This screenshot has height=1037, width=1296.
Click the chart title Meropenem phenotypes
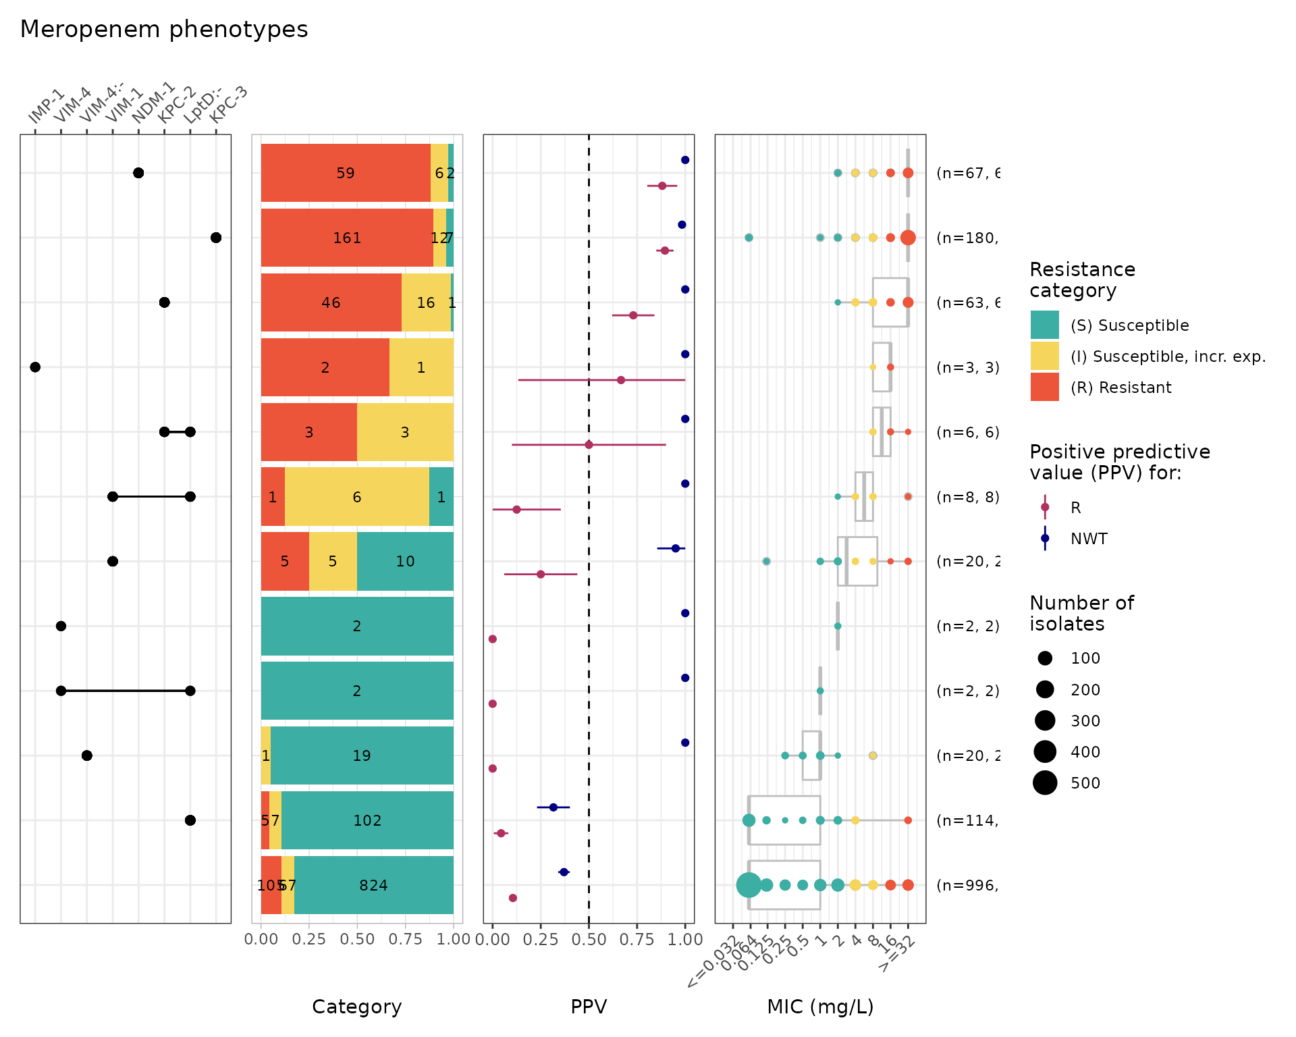pyautogui.click(x=164, y=30)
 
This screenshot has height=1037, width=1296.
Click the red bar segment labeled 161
pyautogui.click(x=347, y=238)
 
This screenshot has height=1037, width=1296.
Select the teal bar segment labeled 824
pyautogui.click(x=373, y=885)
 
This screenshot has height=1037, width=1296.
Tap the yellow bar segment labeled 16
pyautogui.click(x=426, y=302)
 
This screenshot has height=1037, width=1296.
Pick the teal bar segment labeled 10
pyautogui.click(x=405, y=561)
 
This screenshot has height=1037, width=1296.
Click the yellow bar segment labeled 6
pyautogui.click(x=356, y=497)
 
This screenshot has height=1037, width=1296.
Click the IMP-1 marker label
pyautogui.click(x=46, y=107)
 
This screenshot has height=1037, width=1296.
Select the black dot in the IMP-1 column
pyautogui.click(x=35, y=367)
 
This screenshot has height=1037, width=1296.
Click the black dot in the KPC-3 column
pyautogui.click(x=216, y=238)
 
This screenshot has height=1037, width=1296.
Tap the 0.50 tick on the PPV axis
pyautogui.click(x=589, y=939)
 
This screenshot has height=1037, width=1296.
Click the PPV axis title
pyautogui.click(x=589, y=1007)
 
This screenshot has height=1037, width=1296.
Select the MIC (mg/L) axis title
pyautogui.click(x=820, y=1007)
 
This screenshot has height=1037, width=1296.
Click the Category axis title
pyautogui.click(x=356, y=1007)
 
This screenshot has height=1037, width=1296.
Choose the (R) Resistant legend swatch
pyautogui.click(x=1044, y=388)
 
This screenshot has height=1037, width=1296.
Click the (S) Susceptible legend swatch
pyautogui.click(x=1044, y=325)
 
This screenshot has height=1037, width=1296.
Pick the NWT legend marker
pyautogui.click(x=1045, y=539)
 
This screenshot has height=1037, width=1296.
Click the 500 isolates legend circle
pyautogui.click(x=1045, y=783)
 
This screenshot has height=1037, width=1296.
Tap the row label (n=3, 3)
pyautogui.click(x=967, y=367)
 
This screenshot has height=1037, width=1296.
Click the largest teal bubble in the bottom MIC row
pyautogui.click(x=749, y=885)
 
